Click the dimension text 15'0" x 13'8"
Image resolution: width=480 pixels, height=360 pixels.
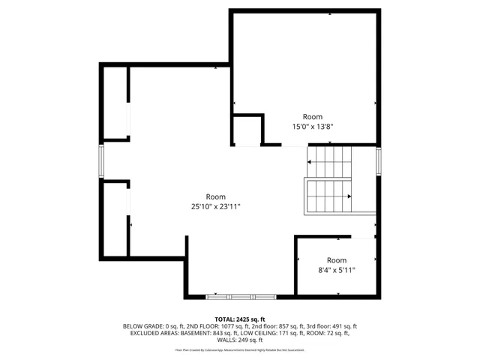point(312,127)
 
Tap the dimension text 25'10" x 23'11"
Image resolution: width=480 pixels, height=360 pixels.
point(215,206)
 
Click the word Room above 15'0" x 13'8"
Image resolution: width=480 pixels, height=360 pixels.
point(312,116)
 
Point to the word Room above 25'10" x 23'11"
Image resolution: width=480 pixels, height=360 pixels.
point(215,196)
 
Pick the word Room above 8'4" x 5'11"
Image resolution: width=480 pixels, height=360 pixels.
point(337,259)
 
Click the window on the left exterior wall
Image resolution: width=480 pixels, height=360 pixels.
point(101,160)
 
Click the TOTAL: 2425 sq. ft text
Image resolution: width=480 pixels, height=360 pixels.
point(240,319)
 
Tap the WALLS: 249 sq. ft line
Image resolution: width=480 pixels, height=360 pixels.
point(240,340)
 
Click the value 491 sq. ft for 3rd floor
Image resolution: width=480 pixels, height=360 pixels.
point(343,326)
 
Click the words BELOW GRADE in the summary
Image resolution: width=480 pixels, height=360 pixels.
point(140,326)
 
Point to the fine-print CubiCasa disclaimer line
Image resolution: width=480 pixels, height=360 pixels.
point(240,349)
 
